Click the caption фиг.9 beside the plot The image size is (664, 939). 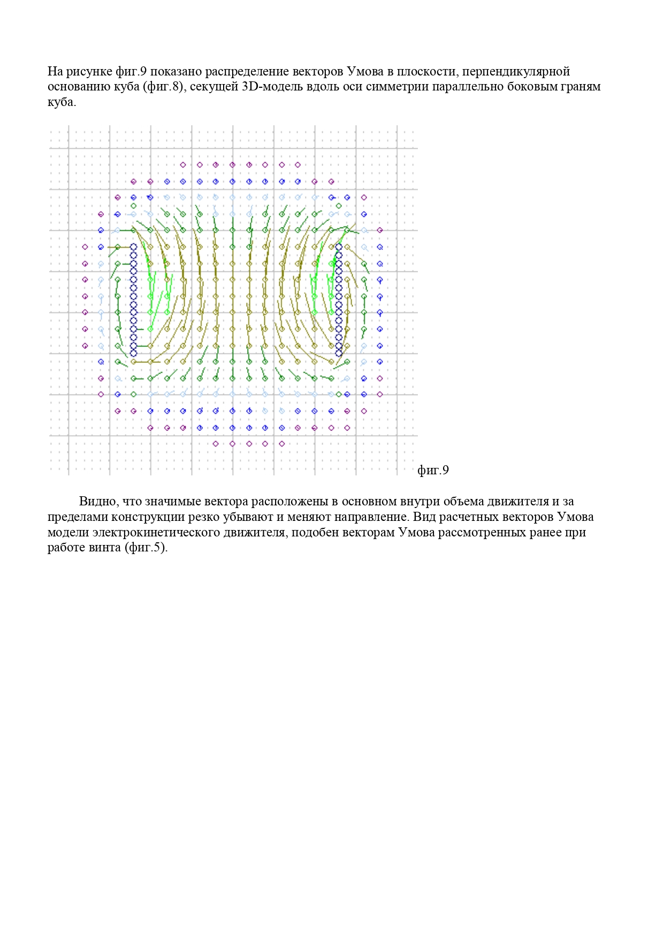433,470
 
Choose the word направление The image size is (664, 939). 370,517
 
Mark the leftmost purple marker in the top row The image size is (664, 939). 183,165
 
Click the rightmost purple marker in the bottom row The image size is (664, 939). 282,443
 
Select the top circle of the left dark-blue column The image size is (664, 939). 133,246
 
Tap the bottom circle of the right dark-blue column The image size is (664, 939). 338,353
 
